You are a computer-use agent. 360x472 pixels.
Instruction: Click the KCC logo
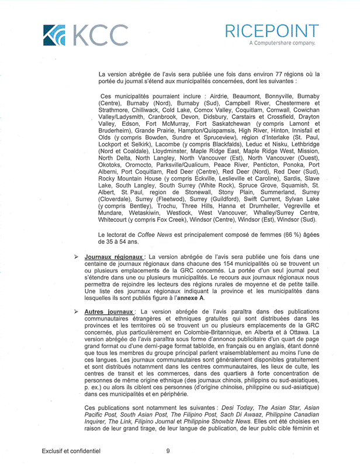click(x=85, y=36)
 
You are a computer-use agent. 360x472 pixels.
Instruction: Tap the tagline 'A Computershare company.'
click(x=282, y=43)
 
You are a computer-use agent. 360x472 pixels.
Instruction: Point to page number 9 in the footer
click(x=168, y=452)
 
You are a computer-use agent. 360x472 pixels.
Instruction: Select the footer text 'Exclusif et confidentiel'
click(x=71, y=452)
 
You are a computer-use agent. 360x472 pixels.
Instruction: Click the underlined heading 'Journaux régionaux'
click(x=114, y=257)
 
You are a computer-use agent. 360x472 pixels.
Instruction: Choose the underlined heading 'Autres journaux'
click(x=110, y=312)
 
